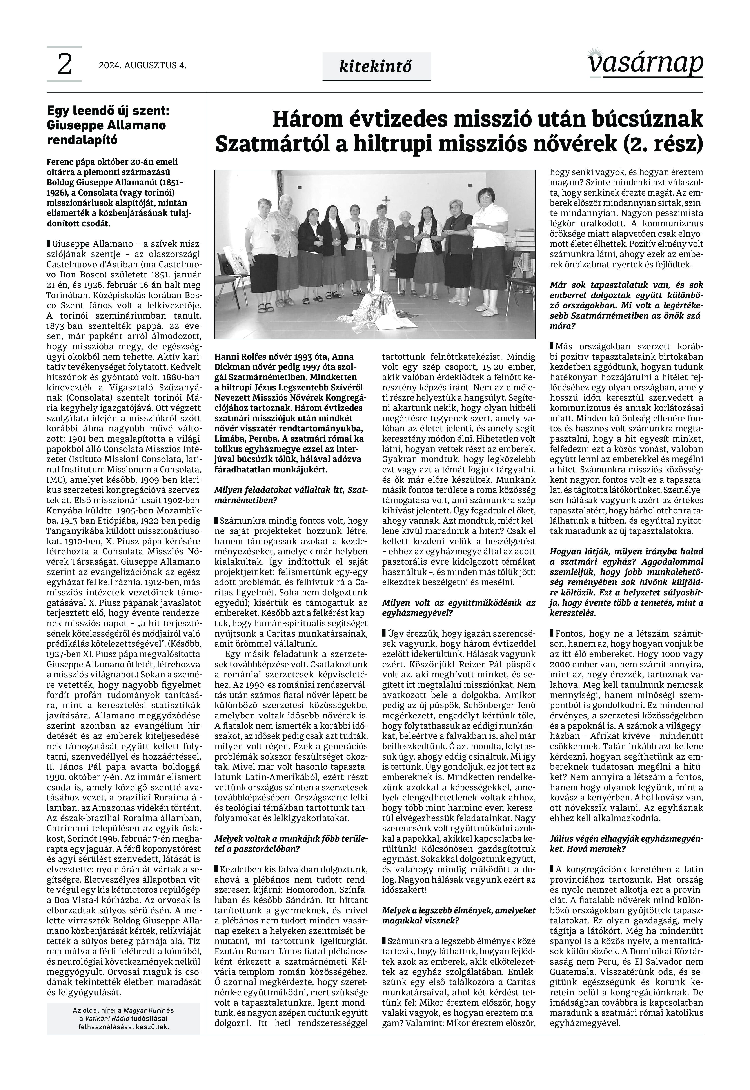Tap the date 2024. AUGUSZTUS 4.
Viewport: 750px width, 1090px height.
click(x=142, y=66)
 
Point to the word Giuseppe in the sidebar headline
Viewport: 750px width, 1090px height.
click(x=71, y=125)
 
